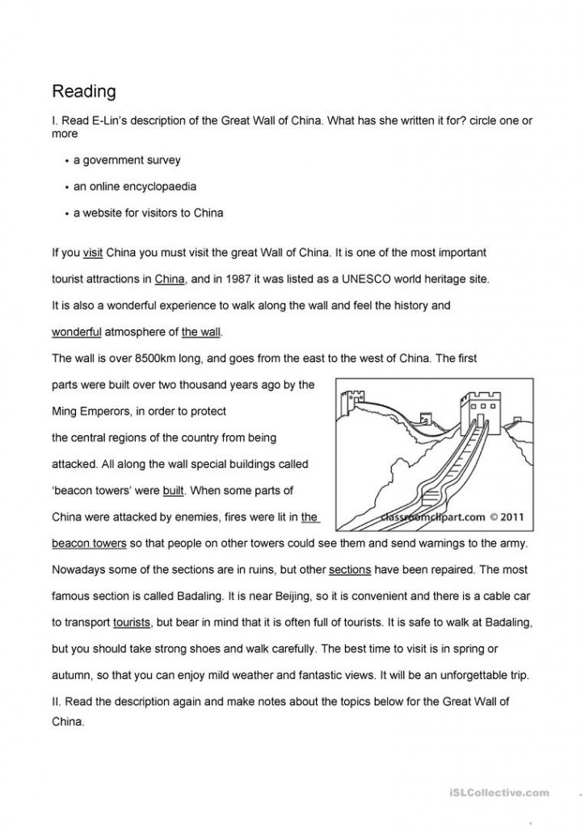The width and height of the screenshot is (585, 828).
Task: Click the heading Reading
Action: click(x=84, y=91)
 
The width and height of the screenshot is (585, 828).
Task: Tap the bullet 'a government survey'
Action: click(x=127, y=160)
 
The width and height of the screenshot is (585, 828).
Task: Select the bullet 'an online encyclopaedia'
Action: click(x=135, y=187)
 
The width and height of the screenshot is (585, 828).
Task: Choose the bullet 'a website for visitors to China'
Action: click(x=148, y=213)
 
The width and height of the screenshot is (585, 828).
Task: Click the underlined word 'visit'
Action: click(x=93, y=253)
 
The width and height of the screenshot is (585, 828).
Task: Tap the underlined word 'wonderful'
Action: click(x=77, y=332)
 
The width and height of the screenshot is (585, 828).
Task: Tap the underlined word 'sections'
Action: click(x=350, y=569)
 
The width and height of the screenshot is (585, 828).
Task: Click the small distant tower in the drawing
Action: click(x=350, y=399)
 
